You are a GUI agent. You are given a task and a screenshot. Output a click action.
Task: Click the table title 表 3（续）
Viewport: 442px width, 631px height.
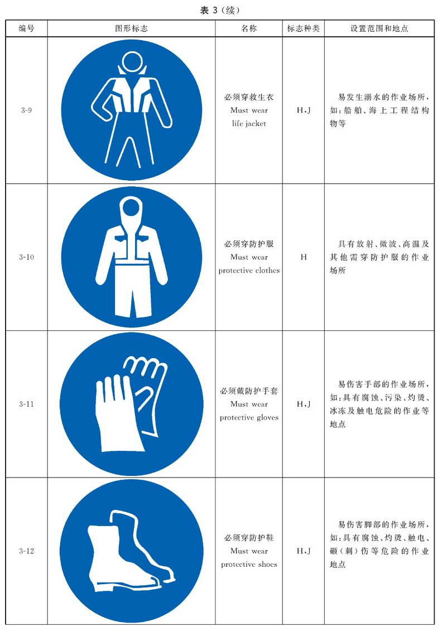(220, 11)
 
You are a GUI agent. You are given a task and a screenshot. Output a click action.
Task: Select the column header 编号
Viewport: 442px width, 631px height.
(27, 28)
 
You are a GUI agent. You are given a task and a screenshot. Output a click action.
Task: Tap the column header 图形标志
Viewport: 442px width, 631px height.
(131, 28)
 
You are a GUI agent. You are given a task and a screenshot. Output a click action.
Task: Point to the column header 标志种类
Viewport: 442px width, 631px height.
(303, 28)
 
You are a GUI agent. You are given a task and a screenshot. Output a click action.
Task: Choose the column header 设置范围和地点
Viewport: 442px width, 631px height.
(379, 28)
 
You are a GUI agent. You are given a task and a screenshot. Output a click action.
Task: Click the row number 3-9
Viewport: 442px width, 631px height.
(27, 110)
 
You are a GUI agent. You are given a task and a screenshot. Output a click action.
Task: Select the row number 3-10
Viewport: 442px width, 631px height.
(27, 257)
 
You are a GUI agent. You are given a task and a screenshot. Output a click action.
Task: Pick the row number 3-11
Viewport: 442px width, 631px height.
(27, 404)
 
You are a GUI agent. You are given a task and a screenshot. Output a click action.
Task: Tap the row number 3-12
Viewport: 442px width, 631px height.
(27, 551)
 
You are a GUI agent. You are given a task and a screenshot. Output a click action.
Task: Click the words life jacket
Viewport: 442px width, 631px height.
(249, 123)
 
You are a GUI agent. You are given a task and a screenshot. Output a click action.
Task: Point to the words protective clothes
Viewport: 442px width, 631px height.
(249, 271)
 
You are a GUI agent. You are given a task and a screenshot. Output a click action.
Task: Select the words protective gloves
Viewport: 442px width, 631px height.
(249, 418)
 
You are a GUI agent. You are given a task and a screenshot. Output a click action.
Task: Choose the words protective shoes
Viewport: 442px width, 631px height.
(249, 565)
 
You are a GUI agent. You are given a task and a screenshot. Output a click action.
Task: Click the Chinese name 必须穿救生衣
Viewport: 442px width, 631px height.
(249, 97)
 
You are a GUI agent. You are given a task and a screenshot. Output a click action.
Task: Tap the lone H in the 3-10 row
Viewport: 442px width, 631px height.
(304, 257)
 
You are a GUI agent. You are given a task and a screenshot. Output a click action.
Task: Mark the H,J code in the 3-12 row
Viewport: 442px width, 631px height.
(304, 551)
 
